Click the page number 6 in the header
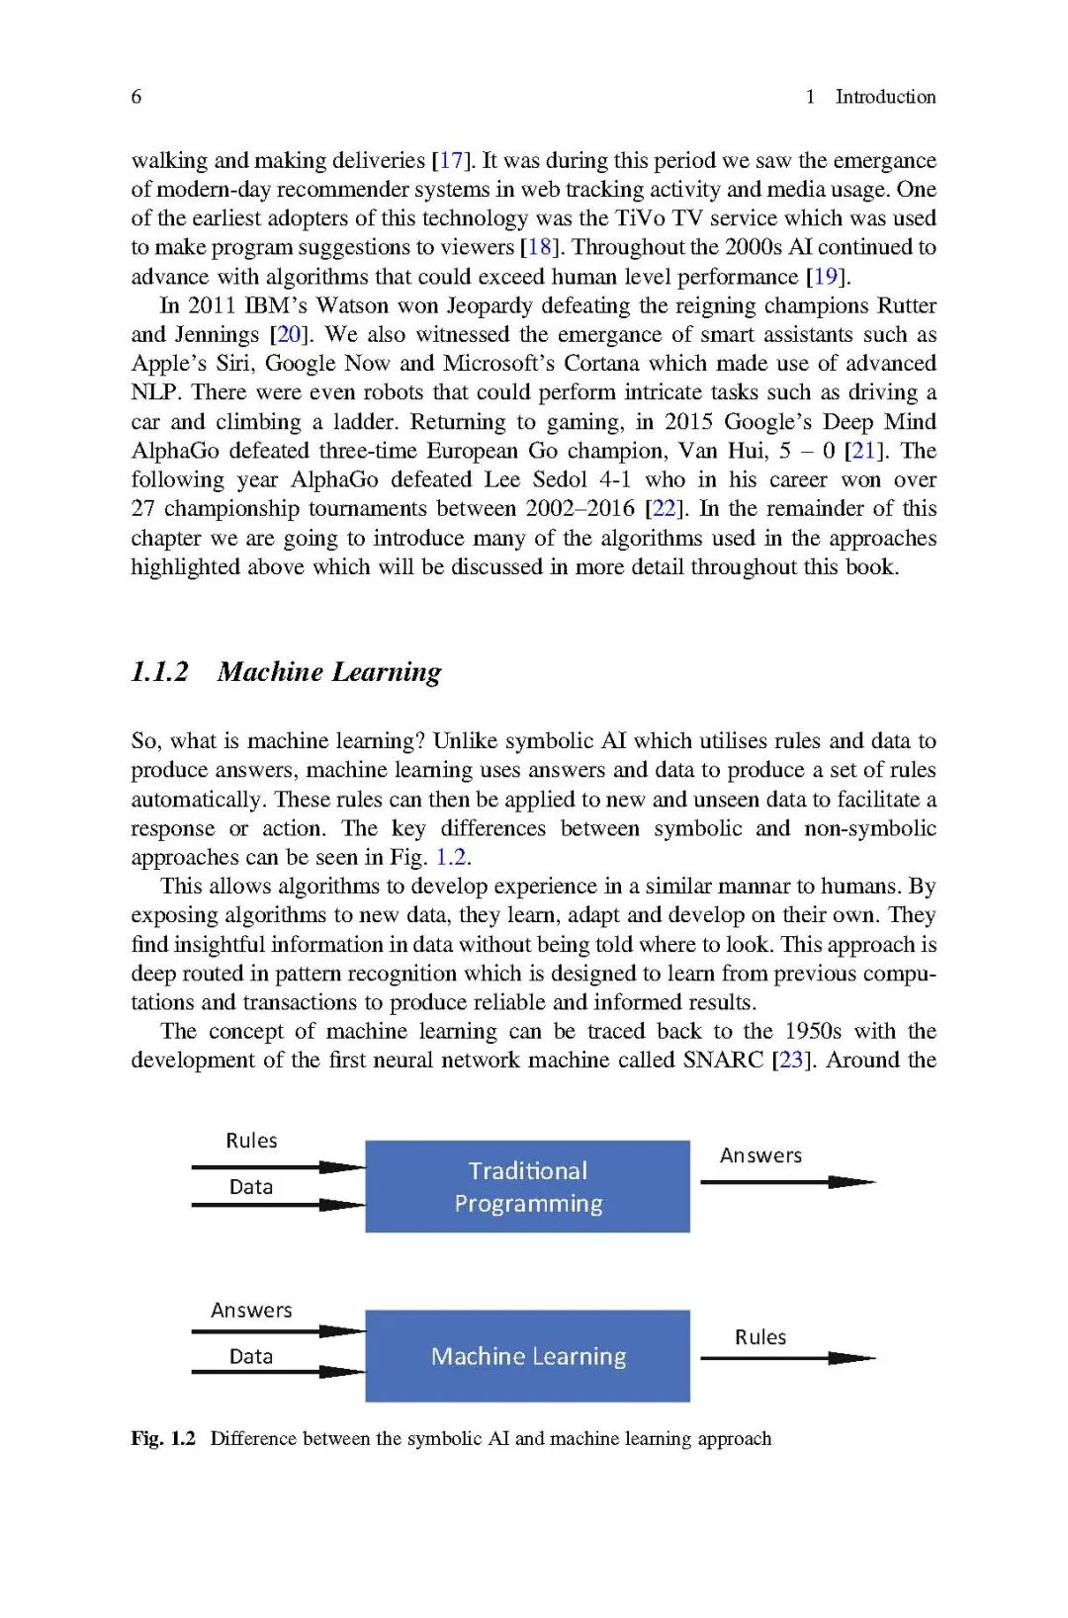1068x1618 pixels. tap(136, 97)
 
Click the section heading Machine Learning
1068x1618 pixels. tap(329, 672)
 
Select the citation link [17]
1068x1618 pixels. tap(450, 160)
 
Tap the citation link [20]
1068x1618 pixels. tap(289, 334)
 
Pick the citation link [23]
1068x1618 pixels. tap(791, 1060)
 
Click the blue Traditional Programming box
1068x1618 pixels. tap(527, 1186)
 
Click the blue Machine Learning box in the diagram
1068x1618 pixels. tap(527, 1356)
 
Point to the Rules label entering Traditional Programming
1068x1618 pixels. tap(251, 1141)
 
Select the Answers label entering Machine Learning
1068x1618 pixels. tap(251, 1311)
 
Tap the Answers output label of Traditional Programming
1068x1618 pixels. tap(760, 1155)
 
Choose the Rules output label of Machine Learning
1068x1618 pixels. tap(760, 1337)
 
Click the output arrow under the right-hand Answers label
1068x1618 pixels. tap(787, 1182)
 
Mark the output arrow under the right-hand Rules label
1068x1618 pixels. tap(787, 1359)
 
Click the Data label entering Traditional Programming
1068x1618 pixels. tap(251, 1187)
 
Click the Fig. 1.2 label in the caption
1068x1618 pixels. tap(163, 1439)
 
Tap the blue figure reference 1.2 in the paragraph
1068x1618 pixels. tap(451, 857)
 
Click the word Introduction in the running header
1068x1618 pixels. tap(885, 97)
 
